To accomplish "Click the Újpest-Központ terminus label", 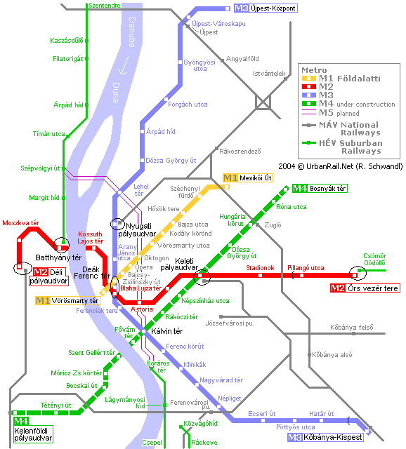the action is click(266, 8).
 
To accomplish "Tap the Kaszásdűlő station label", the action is click(67, 41).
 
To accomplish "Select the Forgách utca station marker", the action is click(166, 100).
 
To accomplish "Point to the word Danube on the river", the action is click(132, 32).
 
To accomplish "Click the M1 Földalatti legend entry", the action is click(341, 79).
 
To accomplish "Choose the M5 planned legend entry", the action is click(331, 113).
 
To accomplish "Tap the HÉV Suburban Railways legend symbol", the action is click(309, 142).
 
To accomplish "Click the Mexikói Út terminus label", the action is click(248, 177).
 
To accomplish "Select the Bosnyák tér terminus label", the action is click(320, 189).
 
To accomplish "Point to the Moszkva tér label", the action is click(20, 223).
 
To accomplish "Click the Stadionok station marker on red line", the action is click(260, 275).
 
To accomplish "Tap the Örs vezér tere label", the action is click(365, 288).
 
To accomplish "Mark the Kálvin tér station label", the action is click(167, 331).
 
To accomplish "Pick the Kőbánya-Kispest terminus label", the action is click(325, 437).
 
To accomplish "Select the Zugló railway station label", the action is click(273, 225).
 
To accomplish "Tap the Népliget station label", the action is click(230, 398).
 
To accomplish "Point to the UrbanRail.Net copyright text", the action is click(341, 166).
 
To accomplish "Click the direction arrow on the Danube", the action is click(124, 65).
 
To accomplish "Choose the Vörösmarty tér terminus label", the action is click(68, 301).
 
